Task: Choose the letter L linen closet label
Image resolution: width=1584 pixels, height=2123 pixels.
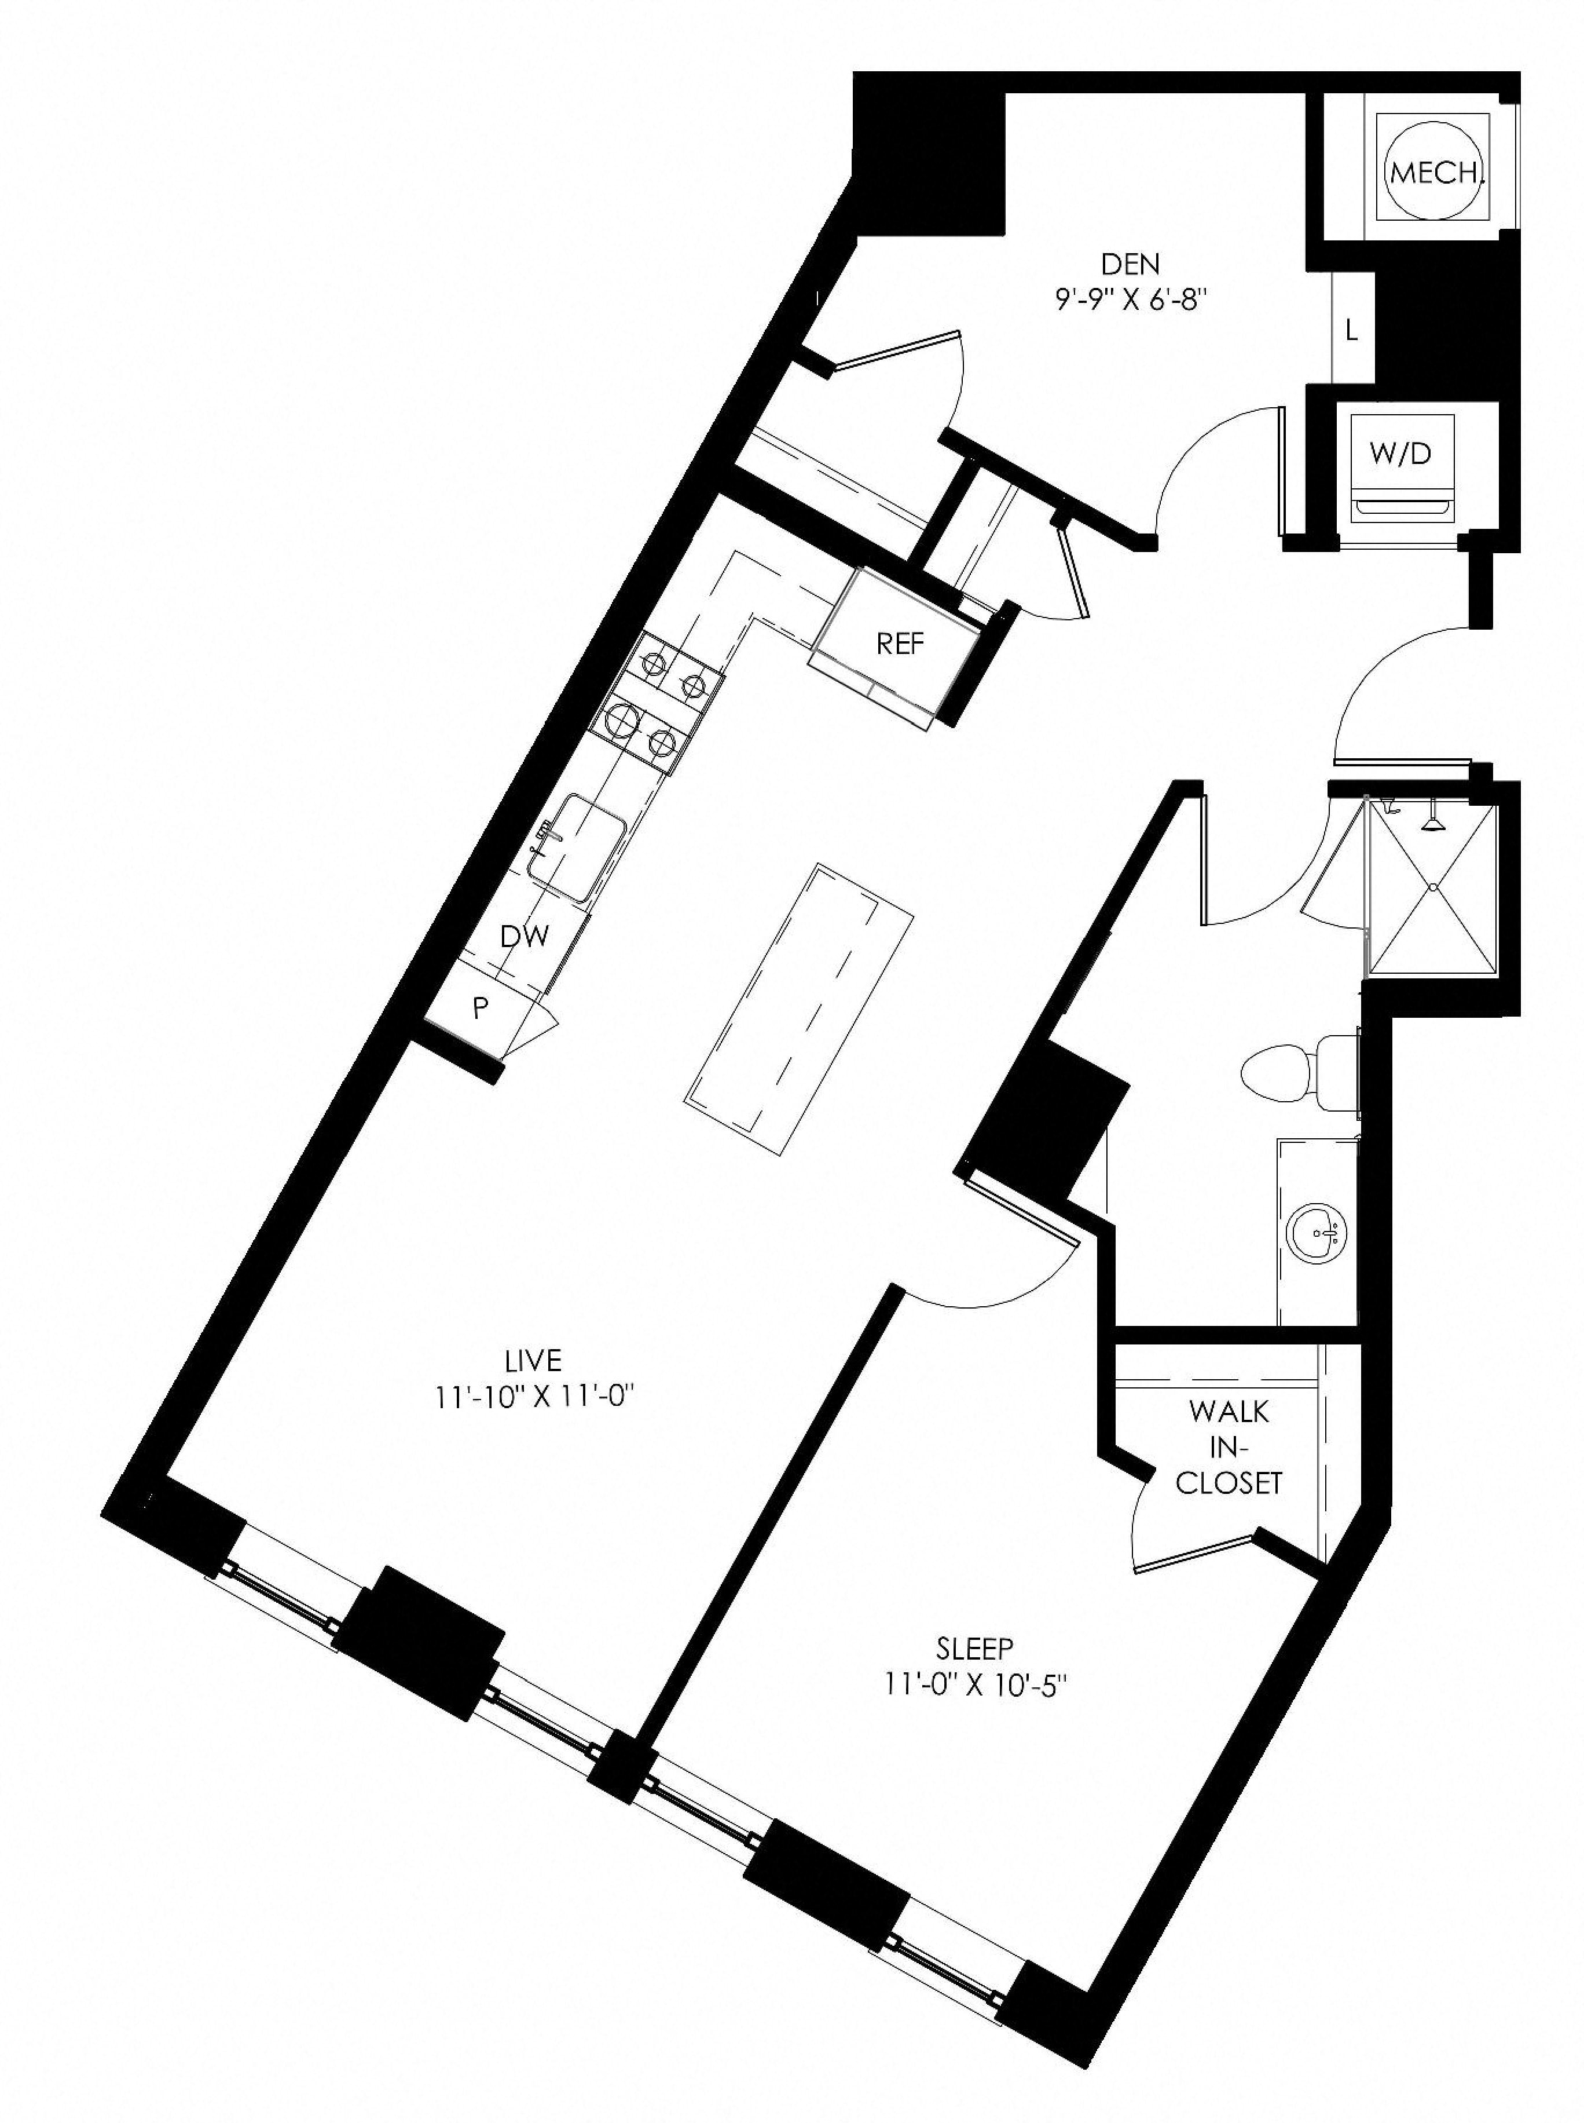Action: click(x=1351, y=331)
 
